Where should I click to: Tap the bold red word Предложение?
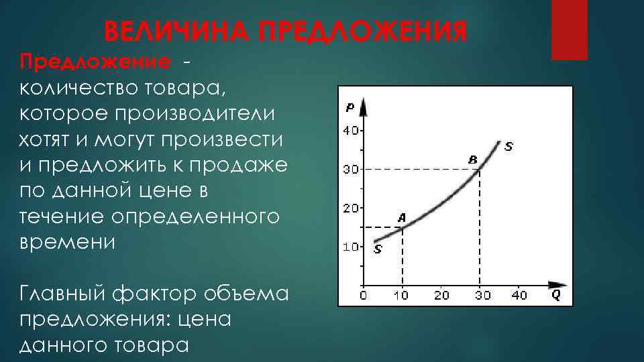point(95,62)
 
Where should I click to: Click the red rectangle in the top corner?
point(569,29)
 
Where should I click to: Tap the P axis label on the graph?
point(351,107)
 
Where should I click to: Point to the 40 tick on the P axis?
point(351,130)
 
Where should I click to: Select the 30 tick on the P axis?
point(351,169)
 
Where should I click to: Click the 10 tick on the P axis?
point(351,247)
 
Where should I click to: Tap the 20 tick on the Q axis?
point(441,295)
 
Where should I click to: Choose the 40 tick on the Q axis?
point(519,295)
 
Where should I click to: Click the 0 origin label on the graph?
point(363,295)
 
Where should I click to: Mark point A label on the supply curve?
point(402,217)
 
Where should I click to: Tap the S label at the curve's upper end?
point(508,145)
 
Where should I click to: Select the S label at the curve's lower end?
point(378,249)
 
